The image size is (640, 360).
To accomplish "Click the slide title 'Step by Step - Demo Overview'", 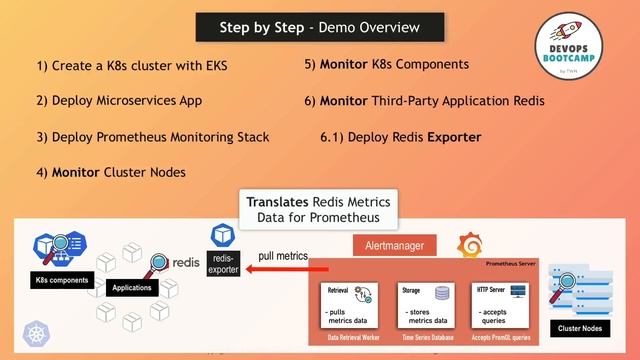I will click(x=319, y=27).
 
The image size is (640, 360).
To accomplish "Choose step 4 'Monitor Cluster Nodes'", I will click(x=111, y=172).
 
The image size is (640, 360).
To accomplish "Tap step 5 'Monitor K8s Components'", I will click(x=386, y=64).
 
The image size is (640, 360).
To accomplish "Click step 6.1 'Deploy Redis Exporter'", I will click(x=400, y=136).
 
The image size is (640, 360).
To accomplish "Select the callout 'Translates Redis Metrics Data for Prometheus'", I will click(x=320, y=208).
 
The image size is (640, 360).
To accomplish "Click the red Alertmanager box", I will click(x=393, y=245).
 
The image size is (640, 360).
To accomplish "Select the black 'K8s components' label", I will click(x=61, y=280).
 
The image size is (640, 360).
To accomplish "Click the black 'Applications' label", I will click(x=131, y=287).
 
